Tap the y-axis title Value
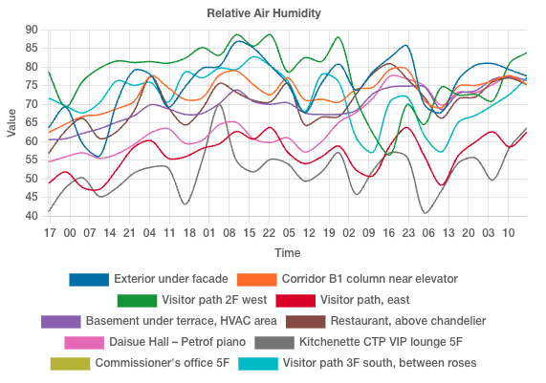click(x=11, y=122)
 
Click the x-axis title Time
click(x=287, y=253)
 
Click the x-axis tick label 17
click(x=49, y=233)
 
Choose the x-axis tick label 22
click(x=269, y=233)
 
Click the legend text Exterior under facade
click(x=170, y=280)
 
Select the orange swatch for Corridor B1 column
click(x=256, y=280)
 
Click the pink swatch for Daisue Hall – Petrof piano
click(x=84, y=343)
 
